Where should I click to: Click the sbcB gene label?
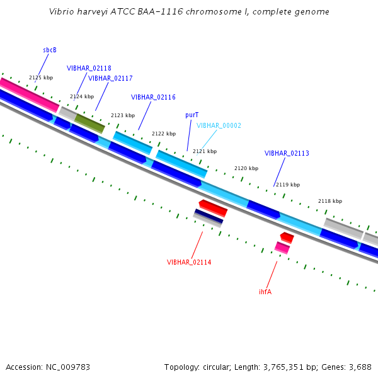[50, 50]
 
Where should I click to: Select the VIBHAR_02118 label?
[89, 68]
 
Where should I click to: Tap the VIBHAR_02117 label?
[110, 78]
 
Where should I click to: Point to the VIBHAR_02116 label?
[153, 97]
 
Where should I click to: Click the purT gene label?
[192, 115]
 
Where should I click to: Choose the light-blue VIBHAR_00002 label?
[219, 125]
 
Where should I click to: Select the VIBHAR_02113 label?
[287, 153]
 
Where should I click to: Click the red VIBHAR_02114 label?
[189, 262]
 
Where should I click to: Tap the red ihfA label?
[265, 292]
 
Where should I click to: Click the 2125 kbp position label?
[41, 77]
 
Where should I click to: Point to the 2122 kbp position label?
[164, 134]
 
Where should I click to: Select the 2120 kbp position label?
[246, 168]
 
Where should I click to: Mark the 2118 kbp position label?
[329, 201]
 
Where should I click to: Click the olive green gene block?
[89, 123]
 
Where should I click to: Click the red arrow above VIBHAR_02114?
[213, 207]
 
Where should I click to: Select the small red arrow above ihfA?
[287, 238]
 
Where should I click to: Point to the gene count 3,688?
[359, 367]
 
